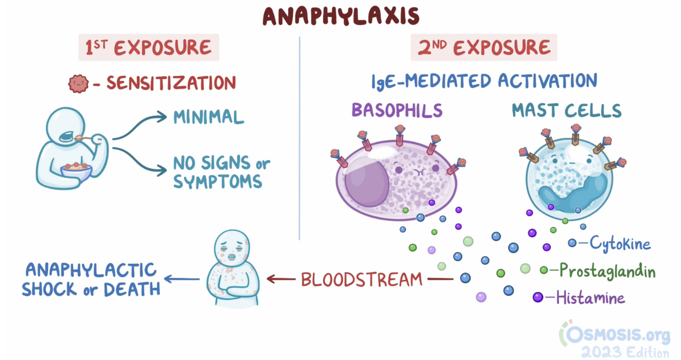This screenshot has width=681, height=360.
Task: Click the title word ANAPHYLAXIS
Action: pyautogui.click(x=340, y=17)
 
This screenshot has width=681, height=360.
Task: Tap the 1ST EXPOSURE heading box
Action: pyautogui.click(x=148, y=47)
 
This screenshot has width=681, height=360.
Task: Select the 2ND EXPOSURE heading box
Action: pyautogui.click(x=483, y=47)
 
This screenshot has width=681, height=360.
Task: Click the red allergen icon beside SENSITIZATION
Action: pyautogui.click(x=78, y=83)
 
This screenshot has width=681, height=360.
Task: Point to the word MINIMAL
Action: pyautogui.click(x=208, y=117)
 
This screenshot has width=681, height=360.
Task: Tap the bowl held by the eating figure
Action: pyautogui.click(x=77, y=171)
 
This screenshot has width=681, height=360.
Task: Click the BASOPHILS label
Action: pyautogui.click(x=396, y=110)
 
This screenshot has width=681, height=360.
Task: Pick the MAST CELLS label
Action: pyautogui.click(x=567, y=110)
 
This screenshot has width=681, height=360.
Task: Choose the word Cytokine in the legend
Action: pyautogui.click(x=620, y=244)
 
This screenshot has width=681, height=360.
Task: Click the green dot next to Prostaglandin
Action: pyautogui.click(x=544, y=270)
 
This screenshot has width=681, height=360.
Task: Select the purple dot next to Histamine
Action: pyautogui.click(x=538, y=297)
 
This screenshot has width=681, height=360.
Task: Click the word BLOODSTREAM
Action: pyautogui.click(x=361, y=279)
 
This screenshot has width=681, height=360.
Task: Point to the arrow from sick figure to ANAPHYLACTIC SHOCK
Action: pyautogui.click(x=181, y=279)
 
